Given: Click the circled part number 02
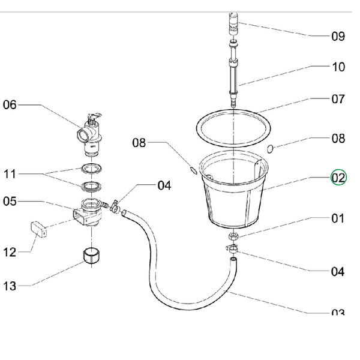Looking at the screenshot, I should [x=338, y=178].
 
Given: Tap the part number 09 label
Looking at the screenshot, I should [x=338, y=36].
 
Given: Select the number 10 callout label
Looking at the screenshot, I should [x=338, y=67].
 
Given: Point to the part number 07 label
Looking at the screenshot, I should [x=338, y=99].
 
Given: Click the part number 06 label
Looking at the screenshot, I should [x=11, y=105].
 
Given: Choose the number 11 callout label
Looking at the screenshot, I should [x=10, y=175].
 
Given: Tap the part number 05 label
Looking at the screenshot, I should [x=10, y=201].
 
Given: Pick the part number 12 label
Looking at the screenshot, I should [x=10, y=252].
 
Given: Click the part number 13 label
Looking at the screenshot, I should [x=10, y=286].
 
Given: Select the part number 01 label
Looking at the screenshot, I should [x=338, y=219].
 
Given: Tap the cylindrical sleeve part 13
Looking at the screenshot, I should [x=91, y=256].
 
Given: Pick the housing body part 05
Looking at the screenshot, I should [x=86, y=214].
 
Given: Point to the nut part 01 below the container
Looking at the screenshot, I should [x=232, y=236].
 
